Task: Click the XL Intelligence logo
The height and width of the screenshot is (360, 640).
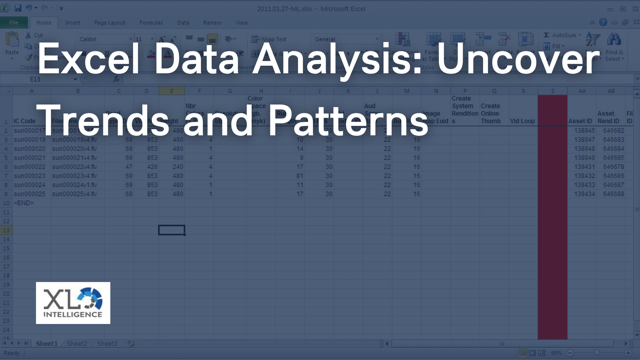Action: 73,303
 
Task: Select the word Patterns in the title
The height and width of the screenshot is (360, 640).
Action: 348,121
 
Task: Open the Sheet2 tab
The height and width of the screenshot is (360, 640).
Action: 77,344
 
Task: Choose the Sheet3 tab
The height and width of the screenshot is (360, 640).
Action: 107,344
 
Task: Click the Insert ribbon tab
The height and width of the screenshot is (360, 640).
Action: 72,23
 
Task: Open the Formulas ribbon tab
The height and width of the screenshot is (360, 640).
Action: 151,23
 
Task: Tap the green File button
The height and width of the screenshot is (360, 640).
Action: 14,23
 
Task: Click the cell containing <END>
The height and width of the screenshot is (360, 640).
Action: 24,203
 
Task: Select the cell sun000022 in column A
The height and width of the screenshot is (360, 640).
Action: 30,167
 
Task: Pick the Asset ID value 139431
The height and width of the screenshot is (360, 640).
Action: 584,167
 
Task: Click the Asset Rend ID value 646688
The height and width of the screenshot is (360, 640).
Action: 613,194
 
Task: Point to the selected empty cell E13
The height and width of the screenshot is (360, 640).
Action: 171,230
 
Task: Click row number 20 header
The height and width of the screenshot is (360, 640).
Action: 6,294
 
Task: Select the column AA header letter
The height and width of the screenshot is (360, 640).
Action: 582,91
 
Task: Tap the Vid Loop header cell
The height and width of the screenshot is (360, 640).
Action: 522,121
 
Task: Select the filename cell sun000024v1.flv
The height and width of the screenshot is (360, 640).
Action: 74,185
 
